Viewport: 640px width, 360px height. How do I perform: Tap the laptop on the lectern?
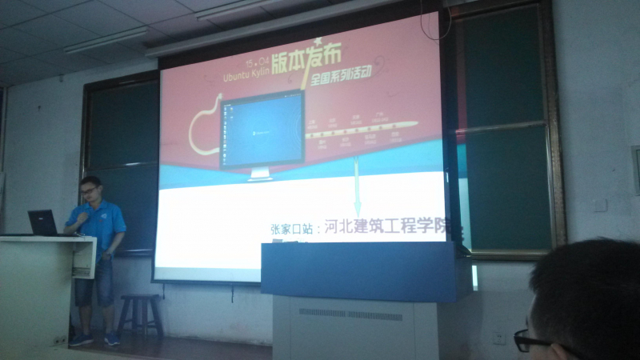(x=43, y=222)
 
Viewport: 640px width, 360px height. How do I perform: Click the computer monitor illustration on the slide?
(x=262, y=132)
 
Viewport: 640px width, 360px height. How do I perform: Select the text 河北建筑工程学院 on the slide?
(x=384, y=227)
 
